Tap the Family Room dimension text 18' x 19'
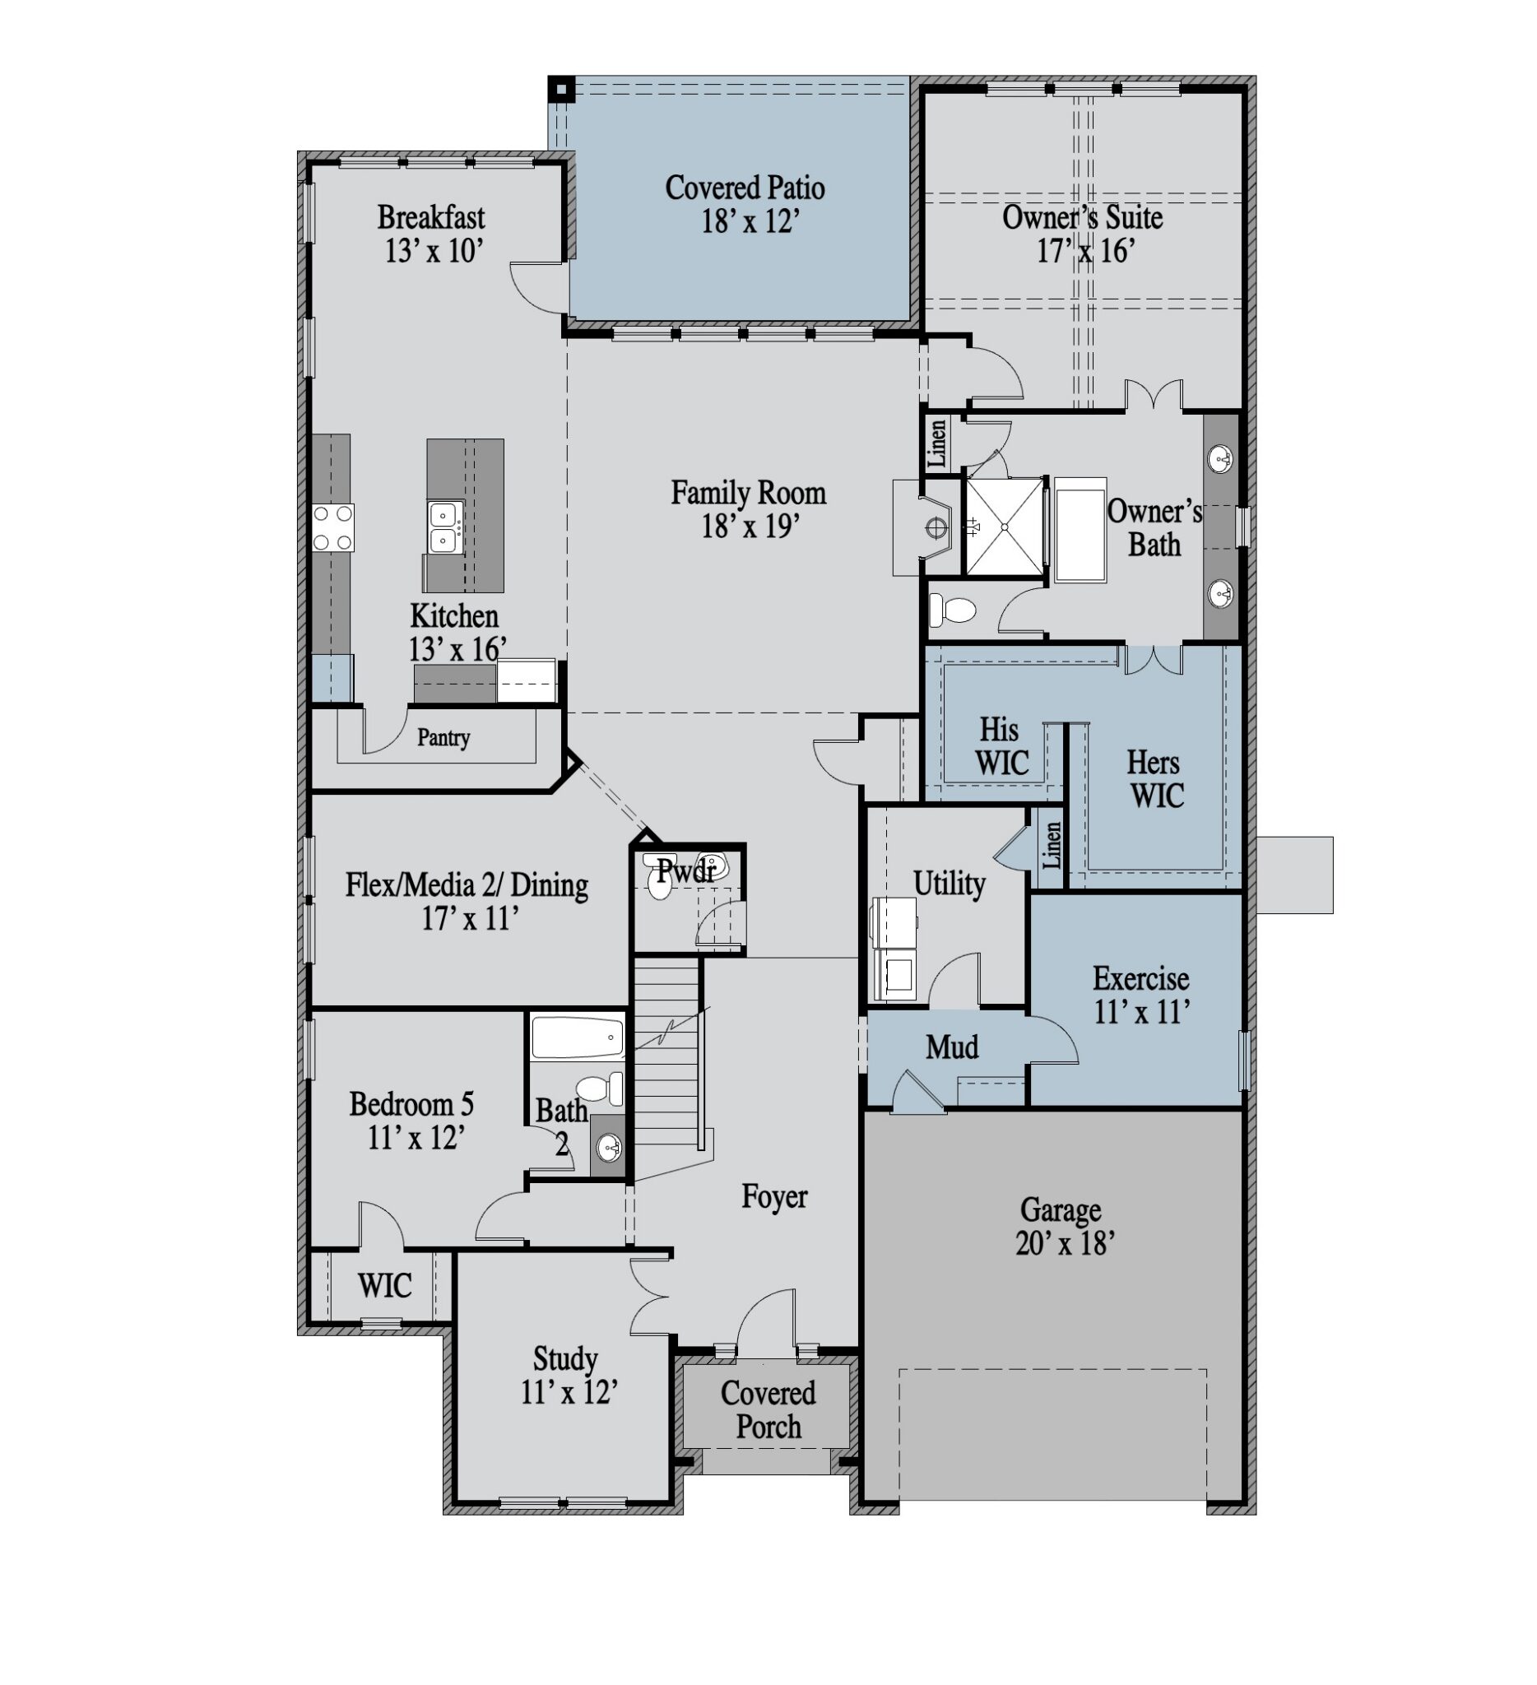click(750, 526)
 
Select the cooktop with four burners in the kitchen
click(332, 527)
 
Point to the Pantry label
click(443, 737)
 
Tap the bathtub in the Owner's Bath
click(1080, 529)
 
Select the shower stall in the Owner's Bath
click(1005, 527)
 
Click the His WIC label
click(1001, 745)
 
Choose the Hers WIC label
click(1156, 778)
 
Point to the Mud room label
click(952, 1047)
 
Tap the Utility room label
click(949, 883)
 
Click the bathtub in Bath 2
click(578, 1037)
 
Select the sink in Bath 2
click(608, 1147)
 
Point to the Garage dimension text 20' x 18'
click(1065, 1243)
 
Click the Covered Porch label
click(768, 1409)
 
